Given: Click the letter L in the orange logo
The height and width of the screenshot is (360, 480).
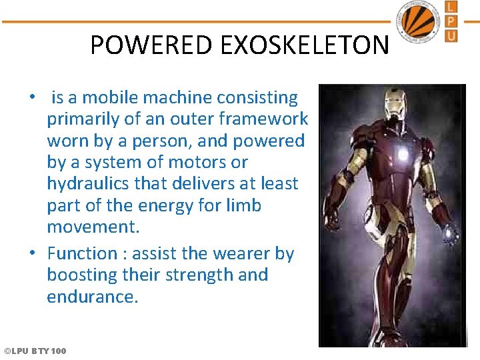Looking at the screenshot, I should [x=451, y=7].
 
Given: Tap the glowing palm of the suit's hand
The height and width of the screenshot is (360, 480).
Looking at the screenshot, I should [x=451, y=233].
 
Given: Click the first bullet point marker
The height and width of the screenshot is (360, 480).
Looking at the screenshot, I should [x=31, y=97].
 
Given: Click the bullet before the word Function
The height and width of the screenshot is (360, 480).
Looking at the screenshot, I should [x=31, y=253].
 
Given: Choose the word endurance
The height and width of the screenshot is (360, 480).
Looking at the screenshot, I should [x=92, y=297].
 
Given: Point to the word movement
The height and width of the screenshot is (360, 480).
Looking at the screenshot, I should [x=93, y=227].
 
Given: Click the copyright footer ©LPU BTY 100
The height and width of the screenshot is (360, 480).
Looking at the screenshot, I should [x=35, y=351].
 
